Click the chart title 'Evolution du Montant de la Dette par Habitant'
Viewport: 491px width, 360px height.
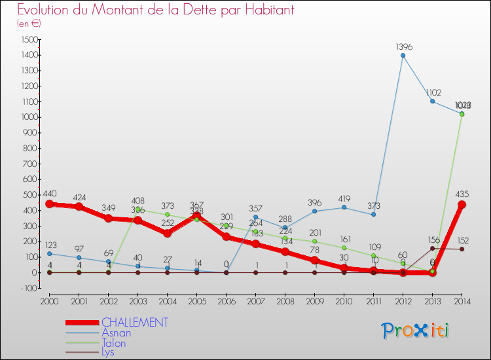(156, 10)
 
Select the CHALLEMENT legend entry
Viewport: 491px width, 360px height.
(134, 322)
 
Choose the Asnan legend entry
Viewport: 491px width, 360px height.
(117, 333)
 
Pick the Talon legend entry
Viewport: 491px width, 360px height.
(114, 342)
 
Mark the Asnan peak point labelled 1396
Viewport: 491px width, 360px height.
(403, 56)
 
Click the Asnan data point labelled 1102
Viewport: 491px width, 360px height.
(433, 101)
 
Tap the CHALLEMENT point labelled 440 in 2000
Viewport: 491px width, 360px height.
(50, 204)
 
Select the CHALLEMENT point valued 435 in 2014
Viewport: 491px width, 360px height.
(462, 205)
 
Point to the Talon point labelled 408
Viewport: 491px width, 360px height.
(138, 209)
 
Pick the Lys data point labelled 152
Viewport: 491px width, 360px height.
(462, 249)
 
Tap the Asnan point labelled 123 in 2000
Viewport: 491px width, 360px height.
(50, 253)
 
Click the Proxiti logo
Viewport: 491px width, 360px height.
(416, 331)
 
